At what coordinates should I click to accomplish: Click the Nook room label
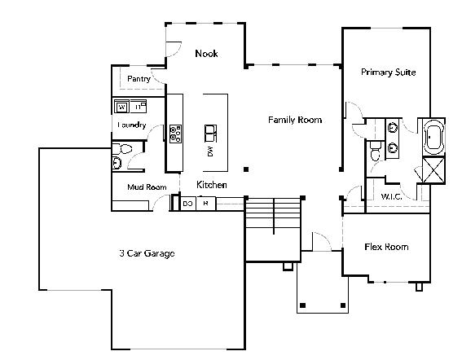click(x=206, y=54)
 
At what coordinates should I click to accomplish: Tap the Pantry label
click(x=139, y=79)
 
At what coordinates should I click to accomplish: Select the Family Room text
click(x=295, y=120)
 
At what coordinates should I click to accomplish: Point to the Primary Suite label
click(x=389, y=72)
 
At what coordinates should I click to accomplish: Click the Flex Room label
click(x=386, y=247)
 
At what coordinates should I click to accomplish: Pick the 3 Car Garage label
click(x=147, y=253)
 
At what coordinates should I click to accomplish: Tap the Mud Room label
click(x=147, y=187)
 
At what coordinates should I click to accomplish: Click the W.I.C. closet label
click(x=391, y=196)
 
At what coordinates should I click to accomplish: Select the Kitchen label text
click(x=212, y=185)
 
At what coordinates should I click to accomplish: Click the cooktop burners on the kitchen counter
click(x=175, y=134)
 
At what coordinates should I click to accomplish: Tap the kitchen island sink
click(x=211, y=133)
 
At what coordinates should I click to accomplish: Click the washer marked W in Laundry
click(x=121, y=107)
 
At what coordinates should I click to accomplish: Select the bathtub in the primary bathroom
click(x=433, y=137)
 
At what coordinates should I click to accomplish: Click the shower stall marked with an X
click(x=433, y=170)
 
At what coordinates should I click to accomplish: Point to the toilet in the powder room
click(x=122, y=149)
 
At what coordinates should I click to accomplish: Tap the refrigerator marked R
click(x=206, y=204)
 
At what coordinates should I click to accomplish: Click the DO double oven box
click(x=188, y=204)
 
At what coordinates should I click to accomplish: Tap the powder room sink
click(x=117, y=163)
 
